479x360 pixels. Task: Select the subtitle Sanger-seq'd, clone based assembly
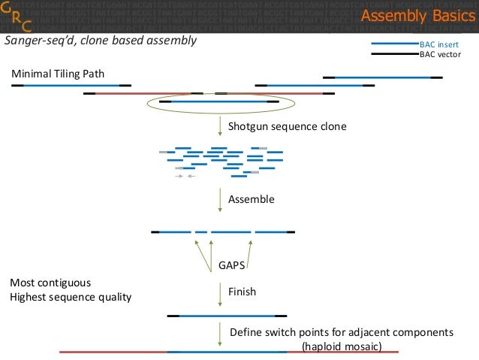[101, 41]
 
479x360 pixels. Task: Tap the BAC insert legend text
[438, 44]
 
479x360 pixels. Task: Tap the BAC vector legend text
[440, 54]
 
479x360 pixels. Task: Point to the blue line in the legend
[393, 44]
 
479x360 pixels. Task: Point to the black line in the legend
[393, 54]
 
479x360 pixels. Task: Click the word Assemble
[252, 200]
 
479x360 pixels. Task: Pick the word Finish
[242, 292]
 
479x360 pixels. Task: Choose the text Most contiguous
[50, 283]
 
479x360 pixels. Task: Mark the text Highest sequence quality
[71, 298]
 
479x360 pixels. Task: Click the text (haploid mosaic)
[342, 346]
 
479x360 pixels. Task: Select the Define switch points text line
[342, 333]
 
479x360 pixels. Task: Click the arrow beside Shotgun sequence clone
[219, 126]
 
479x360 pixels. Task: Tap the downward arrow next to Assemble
[219, 199]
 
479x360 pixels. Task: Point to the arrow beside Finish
[219, 293]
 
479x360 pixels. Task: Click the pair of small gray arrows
[185, 176]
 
